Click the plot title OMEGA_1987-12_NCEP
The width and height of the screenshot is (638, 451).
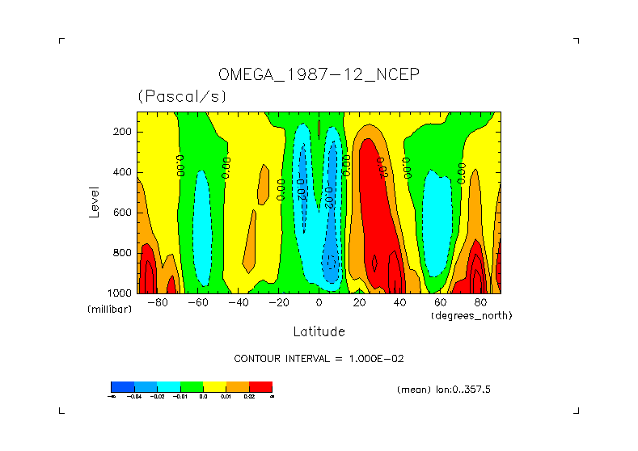coord(319,75)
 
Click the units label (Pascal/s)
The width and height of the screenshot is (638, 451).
coord(182,96)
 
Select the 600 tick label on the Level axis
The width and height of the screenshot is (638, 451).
coord(123,213)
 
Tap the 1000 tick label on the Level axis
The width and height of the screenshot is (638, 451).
coord(120,293)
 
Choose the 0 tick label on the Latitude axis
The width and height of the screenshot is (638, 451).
coord(319,303)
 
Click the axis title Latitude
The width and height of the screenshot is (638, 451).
coord(319,331)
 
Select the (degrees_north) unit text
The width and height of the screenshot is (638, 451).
coord(471,315)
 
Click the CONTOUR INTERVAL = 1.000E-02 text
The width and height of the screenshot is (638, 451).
coord(319,358)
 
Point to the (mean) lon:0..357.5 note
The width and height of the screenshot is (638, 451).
coord(444,390)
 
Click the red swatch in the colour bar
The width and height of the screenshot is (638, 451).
coord(260,386)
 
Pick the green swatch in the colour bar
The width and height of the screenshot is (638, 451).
coord(191,386)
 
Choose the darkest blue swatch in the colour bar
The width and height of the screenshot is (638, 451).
coord(122,386)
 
